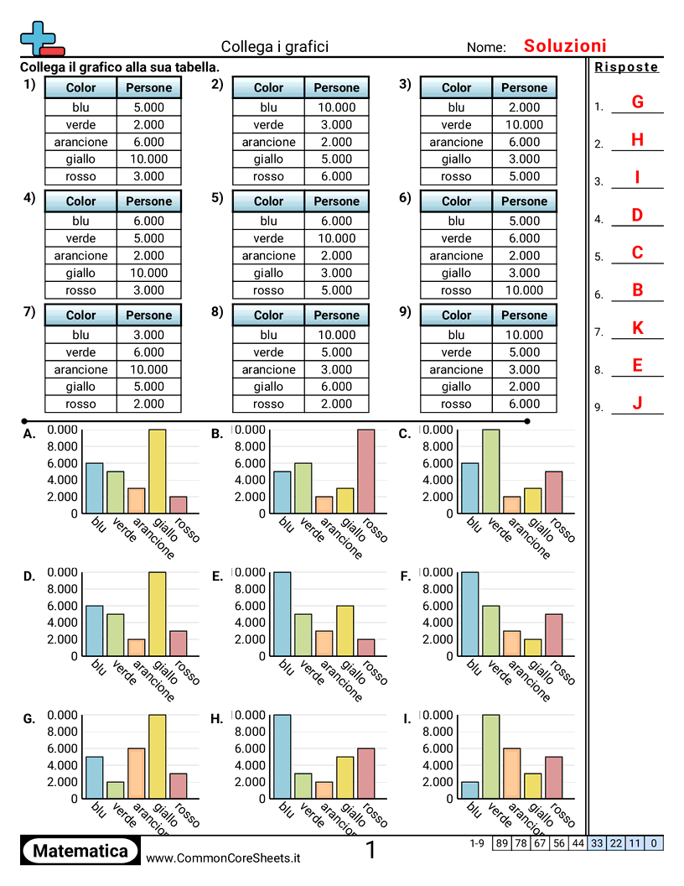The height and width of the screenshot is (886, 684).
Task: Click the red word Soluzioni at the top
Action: point(564,46)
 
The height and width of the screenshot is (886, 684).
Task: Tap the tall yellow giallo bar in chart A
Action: point(157,471)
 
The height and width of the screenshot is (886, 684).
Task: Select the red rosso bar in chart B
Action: point(365,471)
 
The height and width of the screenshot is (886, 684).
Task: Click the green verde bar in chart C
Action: point(490,471)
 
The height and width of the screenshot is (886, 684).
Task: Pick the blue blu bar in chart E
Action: point(282,613)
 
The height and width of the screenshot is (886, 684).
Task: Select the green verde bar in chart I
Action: point(490,756)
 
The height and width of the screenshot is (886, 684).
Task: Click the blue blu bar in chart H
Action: point(282,756)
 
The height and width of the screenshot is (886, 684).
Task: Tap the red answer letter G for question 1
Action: point(637,102)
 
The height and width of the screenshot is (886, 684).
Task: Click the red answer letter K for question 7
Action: point(637,328)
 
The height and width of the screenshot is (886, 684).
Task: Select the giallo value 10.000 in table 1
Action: point(148,159)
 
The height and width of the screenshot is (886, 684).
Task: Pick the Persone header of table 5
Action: point(336,201)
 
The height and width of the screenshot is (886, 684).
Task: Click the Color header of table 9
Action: point(456,315)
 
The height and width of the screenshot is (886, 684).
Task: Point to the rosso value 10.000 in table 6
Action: point(524,290)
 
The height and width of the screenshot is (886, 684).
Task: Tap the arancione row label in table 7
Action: point(80,369)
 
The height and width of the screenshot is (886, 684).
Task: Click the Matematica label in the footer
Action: point(80,851)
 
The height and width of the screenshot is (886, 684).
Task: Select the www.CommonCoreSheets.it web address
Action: point(223,857)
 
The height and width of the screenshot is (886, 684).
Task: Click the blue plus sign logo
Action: point(37,37)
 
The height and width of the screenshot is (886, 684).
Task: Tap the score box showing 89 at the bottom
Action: point(501,842)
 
